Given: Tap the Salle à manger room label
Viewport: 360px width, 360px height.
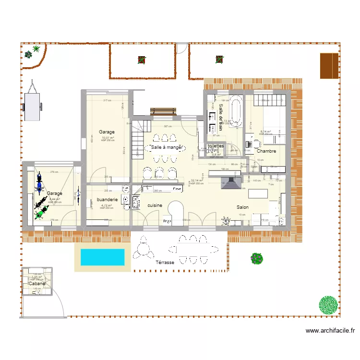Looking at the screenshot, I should click(167, 147).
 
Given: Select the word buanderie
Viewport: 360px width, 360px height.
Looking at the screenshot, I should click(107, 199).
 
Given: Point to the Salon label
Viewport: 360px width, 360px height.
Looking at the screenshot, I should click(242, 207).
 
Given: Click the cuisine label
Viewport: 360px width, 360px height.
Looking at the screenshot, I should click(155, 205).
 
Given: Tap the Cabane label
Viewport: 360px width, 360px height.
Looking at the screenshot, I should click(37, 284).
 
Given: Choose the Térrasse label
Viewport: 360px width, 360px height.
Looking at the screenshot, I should click(165, 263).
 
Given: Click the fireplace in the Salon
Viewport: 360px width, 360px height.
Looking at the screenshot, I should click(230, 182).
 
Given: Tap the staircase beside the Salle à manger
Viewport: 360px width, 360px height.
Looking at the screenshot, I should click(138, 139).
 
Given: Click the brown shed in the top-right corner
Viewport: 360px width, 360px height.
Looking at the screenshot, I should click(329, 65).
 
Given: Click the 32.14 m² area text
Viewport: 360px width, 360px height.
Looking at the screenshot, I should click(197, 180).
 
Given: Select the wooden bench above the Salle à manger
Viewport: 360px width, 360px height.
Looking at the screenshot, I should click(163, 111).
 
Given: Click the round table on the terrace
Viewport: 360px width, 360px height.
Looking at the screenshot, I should click(143, 250).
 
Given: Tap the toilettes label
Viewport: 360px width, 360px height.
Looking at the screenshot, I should click(216, 146).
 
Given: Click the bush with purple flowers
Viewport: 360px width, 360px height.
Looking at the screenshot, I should click(257, 258).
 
